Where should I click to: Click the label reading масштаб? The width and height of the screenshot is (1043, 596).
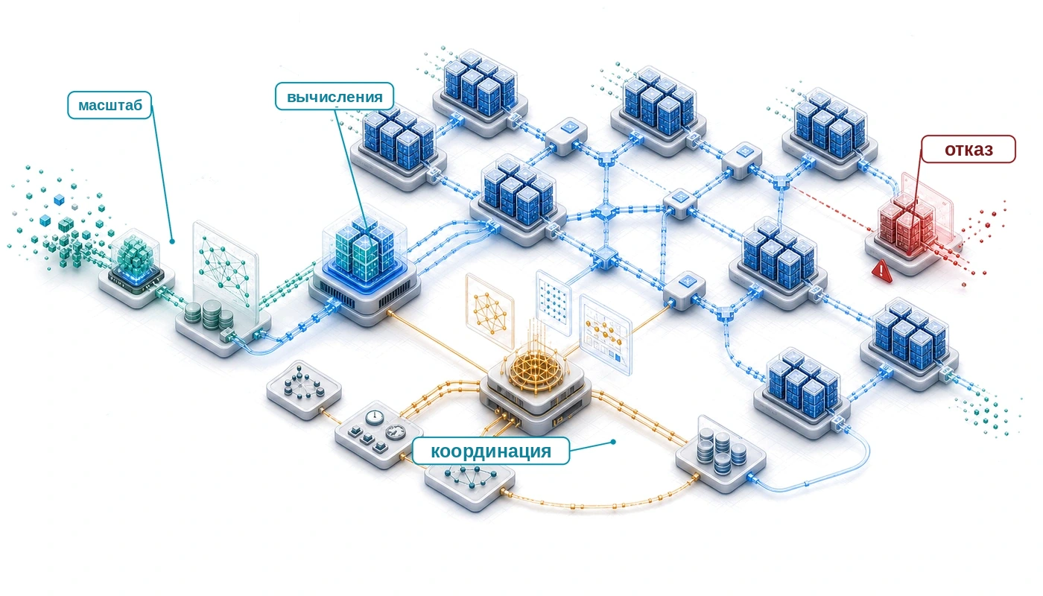pyautogui.click(x=110, y=105)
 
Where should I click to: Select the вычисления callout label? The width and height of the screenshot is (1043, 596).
pyautogui.click(x=335, y=96)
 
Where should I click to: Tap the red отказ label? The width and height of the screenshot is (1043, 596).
pyautogui.click(x=968, y=149)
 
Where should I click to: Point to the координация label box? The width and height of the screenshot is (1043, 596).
pyautogui.click(x=491, y=451)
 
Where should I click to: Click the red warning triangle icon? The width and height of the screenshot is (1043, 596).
pyautogui.click(x=881, y=270)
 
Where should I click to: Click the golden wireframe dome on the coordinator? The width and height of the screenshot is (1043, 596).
pyautogui.click(x=535, y=370)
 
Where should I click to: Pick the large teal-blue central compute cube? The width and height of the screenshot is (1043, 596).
pyautogui.click(x=365, y=249)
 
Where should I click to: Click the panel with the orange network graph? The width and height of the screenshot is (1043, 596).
pyautogui.click(x=489, y=312)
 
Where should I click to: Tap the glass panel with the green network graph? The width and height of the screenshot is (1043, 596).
pyautogui.click(x=225, y=273)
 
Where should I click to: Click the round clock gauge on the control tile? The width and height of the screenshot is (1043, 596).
pyautogui.click(x=375, y=417)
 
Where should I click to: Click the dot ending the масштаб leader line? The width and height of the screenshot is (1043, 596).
pyautogui.click(x=172, y=241)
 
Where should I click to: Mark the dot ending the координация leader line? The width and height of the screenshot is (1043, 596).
pyautogui.click(x=613, y=441)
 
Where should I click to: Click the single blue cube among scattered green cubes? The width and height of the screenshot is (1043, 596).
pyautogui.click(x=59, y=200)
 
